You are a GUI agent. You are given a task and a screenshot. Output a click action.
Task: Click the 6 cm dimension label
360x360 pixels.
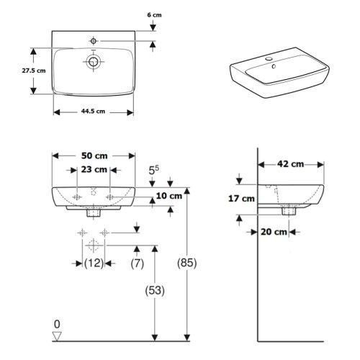tap(154, 15)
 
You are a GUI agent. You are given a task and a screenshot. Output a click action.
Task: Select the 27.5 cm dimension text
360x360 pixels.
tap(34, 71)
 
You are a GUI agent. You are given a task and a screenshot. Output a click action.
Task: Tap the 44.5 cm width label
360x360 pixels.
tap(93, 112)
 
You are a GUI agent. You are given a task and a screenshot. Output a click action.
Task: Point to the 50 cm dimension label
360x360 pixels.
tap(94, 156)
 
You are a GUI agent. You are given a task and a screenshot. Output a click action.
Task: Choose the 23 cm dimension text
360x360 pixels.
tap(94, 169)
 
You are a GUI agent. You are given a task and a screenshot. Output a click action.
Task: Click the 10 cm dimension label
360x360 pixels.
tap(169, 196)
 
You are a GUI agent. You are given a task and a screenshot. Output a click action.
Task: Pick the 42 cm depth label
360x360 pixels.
tap(291, 164)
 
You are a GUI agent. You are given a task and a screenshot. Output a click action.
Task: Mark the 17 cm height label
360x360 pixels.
tap(241, 199)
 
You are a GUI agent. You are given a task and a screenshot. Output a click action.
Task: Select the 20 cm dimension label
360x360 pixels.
tap(274, 232)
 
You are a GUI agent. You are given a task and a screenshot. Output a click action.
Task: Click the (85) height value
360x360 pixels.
tap(187, 263)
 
